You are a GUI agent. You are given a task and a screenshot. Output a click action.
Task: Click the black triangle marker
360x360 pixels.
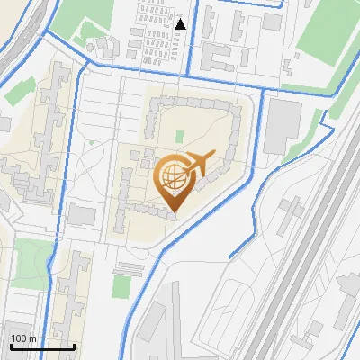pyautogui.click(x=181, y=23)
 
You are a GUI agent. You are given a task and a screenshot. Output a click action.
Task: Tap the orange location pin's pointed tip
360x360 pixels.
pyautogui.click(x=173, y=212)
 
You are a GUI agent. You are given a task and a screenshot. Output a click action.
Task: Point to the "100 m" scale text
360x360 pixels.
pyautogui.click(x=23, y=338)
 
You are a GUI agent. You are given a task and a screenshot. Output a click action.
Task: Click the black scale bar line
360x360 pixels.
pyautogui.click(x=41, y=346)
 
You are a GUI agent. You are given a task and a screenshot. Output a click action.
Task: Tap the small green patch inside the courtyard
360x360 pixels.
pyautogui.click(x=179, y=137)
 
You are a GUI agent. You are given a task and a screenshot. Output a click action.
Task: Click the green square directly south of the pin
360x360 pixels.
pyautogui.click(x=121, y=287)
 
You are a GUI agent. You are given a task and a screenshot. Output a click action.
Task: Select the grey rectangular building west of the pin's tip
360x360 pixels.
pyautogui.click(x=83, y=215)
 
